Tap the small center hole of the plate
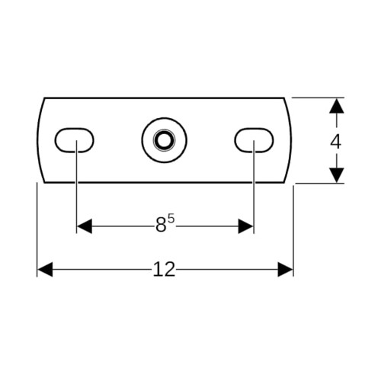pos(164,140)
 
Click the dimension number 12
pos(164,270)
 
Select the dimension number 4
pos(335,142)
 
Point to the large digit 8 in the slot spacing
pos(161,226)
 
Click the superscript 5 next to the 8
pos(171,219)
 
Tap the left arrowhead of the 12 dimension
pos(45,270)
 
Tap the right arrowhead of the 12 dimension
pos(285,270)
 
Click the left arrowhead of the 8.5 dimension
pos(85,226)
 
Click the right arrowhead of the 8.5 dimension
pos(245,226)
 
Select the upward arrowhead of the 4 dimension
pos(337,106)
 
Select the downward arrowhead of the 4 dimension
pos(337,175)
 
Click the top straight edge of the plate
pos(164,98)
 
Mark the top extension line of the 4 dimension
pos(318,98)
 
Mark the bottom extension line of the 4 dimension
pos(319,183)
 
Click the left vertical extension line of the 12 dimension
pos(37,229)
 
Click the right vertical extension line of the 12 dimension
pos(293,231)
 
